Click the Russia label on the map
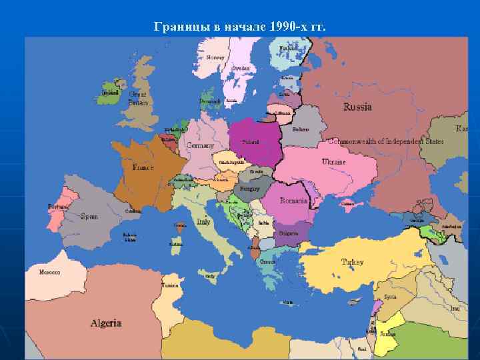tap(357, 107)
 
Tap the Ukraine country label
tap(334, 162)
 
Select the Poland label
tap(251, 142)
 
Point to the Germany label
tap(201, 145)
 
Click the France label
tap(143, 168)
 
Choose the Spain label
tap(89, 216)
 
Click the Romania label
tap(293, 201)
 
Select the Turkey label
tap(352, 262)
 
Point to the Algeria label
tap(106, 323)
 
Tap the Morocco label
tap(49, 272)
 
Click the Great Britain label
tap(138, 99)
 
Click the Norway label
tap(215, 57)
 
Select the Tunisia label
tap(170, 285)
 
